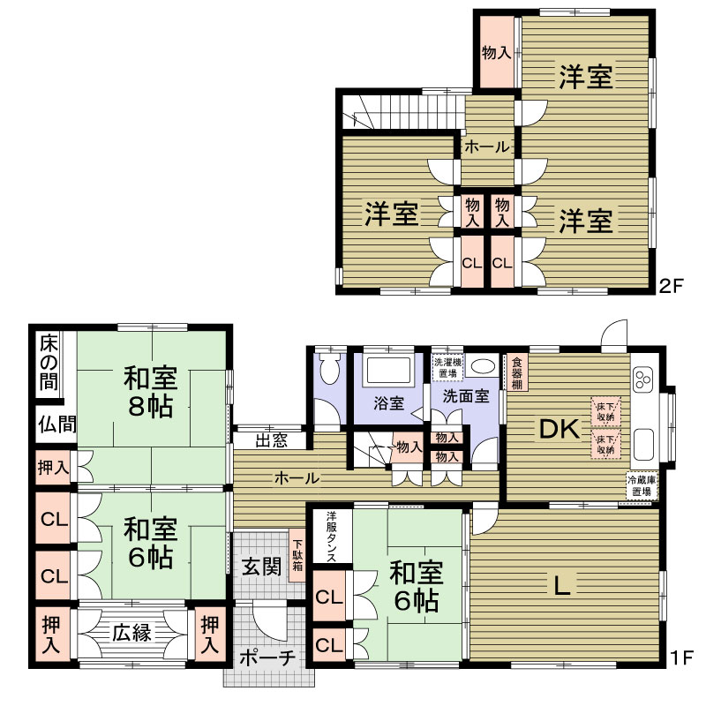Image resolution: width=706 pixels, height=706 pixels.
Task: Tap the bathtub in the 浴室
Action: point(388,371)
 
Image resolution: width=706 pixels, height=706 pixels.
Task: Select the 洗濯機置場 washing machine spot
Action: point(447,367)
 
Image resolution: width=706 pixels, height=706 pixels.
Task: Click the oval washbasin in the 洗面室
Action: point(482,365)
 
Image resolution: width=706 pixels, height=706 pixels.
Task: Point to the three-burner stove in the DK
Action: point(642,379)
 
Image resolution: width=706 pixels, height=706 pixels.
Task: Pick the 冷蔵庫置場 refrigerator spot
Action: point(642,485)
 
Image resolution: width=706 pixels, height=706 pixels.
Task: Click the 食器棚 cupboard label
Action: point(517,373)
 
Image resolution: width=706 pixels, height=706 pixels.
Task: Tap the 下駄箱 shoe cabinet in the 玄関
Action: point(297,555)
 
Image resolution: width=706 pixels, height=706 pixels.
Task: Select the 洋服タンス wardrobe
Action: point(332,537)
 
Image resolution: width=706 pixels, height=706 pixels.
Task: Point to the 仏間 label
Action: point(57,424)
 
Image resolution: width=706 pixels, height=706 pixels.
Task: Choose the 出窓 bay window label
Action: point(272,440)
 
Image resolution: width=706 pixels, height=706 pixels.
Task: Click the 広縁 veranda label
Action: point(131,633)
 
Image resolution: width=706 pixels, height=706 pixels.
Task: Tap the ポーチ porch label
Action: point(267,658)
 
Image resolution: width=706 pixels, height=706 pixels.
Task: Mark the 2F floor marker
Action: point(672,286)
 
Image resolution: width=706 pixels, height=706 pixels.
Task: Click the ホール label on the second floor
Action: point(487,146)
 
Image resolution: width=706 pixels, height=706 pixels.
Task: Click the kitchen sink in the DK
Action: point(644,443)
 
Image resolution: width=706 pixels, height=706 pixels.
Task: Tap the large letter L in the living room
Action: point(561,585)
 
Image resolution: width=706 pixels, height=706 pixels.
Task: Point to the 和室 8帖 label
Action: point(151,392)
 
